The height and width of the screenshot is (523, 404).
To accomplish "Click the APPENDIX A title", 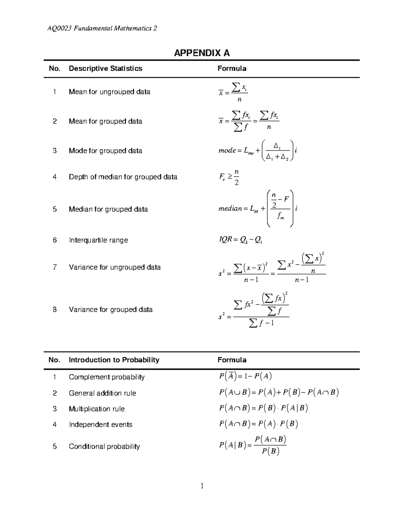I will click(x=202, y=53).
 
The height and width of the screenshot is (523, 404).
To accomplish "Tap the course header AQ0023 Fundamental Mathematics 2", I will click(x=102, y=28).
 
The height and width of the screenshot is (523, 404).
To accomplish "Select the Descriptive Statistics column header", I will click(x=105, y=69).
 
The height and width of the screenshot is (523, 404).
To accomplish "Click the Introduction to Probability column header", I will click(x=114, y=360).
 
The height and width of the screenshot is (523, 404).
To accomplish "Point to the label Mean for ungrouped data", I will click(x=109, y=92).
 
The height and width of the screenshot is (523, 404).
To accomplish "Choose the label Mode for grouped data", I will click(x=105, y=151).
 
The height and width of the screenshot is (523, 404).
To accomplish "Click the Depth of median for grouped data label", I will click(x=123, y=177).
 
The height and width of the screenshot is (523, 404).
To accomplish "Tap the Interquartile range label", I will click(x=98, y=240).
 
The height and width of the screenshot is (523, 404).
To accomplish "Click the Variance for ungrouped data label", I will click(x=115, y=267).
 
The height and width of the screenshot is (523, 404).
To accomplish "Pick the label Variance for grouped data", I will click(x=111, y=309).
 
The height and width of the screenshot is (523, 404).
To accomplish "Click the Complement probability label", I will click(x=107, y=377).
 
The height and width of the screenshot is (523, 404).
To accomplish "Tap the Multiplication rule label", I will click(x=97, y=409).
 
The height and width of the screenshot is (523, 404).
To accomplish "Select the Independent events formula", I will click(x=259, y=424).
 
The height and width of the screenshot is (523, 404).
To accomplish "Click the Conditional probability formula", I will click(x=253, y=445).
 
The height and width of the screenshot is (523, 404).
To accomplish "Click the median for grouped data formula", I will click(x=258, y=209).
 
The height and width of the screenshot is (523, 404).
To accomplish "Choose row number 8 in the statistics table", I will click(x=55, y=309).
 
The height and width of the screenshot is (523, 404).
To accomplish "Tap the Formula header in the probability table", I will click(x=232, y=360).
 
